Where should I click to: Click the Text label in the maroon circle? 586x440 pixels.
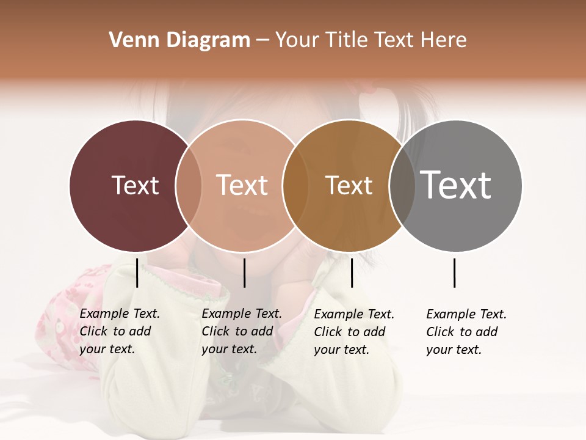[x=135, y=185]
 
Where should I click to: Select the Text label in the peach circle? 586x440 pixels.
[x=242, y=185]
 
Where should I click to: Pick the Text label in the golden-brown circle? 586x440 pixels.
[x=349, y=185]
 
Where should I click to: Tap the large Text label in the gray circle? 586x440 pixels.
[x=456, y=185]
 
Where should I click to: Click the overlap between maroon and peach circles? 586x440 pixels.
[x=189, y=186]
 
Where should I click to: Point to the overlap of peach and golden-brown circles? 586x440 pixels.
[x=295, y=186]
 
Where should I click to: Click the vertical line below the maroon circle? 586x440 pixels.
[x=137, y=273]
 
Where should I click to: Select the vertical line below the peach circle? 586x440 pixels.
[x=244, y=273]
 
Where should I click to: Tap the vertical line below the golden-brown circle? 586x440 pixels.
[x=352, y=273]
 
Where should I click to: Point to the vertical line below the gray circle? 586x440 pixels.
[x=455, y=273]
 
